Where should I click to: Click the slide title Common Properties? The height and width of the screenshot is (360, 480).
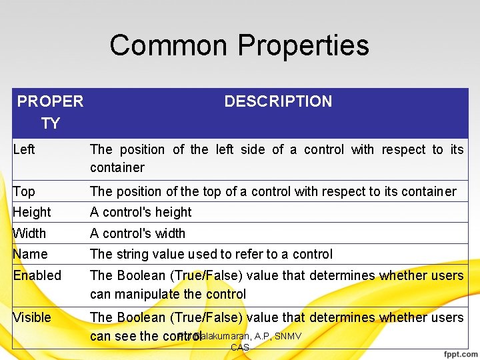tap(239, 45)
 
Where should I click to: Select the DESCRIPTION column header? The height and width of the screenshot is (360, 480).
tap(278, 101)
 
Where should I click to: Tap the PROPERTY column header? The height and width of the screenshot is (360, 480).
tap(50, 112)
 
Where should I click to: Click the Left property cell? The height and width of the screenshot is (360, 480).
tap(24, 149)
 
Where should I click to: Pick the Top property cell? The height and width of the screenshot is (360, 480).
tap(24, 191)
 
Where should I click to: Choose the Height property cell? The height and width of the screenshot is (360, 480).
tap(32, 212)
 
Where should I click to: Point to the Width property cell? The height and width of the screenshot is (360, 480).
tap(30, 233)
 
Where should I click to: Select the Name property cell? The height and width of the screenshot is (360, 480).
tap(31, 254)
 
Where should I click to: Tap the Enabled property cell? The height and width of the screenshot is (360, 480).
tap(37, 275)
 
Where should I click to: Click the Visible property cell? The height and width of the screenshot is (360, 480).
tap(32, 317)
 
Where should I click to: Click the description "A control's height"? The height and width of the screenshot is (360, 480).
tap(141, 212)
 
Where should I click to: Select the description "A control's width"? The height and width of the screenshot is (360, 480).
tap(137, 233)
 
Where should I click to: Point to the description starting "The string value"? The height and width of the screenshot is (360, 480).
tap(211, 254)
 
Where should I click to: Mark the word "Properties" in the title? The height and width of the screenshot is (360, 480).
tap(303, 45)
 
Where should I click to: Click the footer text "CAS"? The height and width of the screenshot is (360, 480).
tap(240, 347)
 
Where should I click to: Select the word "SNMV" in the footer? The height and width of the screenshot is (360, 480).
tap(288, 336)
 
